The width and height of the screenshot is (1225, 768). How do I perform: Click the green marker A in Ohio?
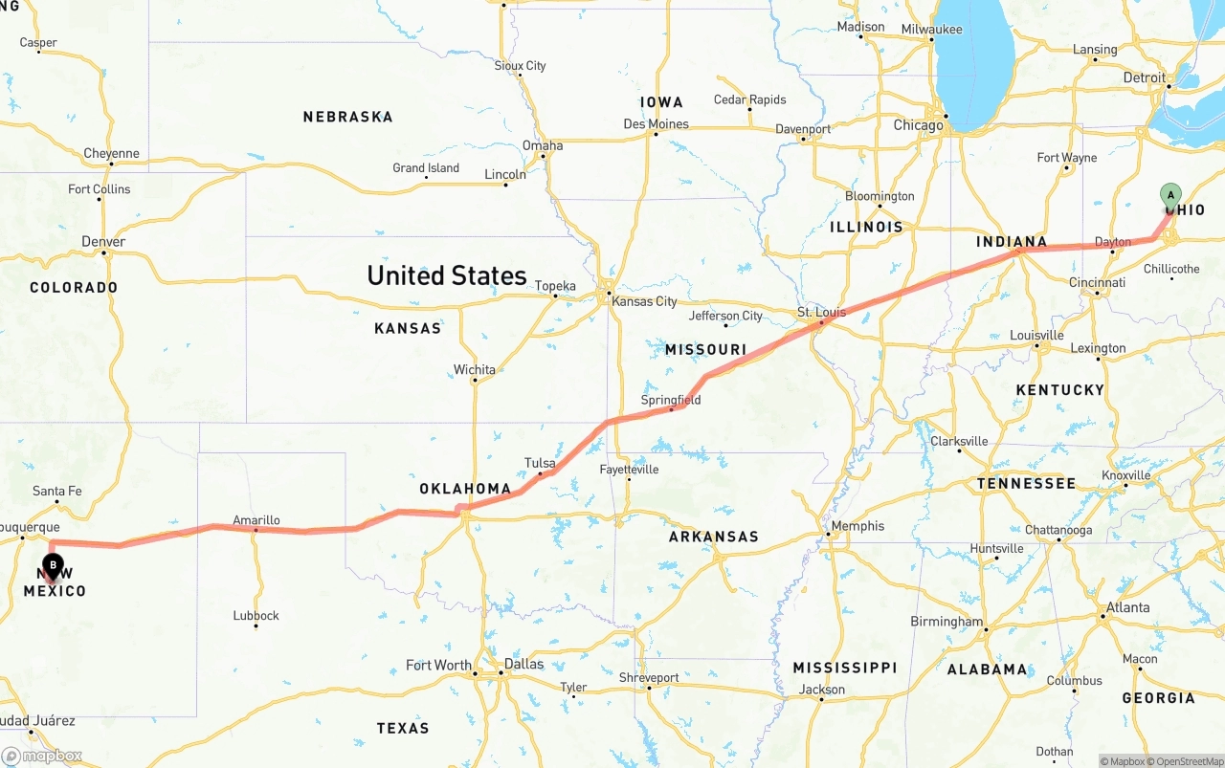click(x=1170, y=196)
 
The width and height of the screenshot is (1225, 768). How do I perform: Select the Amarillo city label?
click(x=256, y=520)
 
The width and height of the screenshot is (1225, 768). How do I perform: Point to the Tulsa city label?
click(x=540, y=463)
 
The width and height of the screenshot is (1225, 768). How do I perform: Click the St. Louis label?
click(x=821, y=313)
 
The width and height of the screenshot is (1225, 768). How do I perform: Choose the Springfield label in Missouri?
click(x=671, y=400)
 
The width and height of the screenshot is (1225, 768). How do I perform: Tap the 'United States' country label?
click(x=447, y=275)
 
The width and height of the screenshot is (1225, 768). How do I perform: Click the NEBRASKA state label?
click(x=347, y=117)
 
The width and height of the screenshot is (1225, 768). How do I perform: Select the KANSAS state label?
click(x=408, y=328)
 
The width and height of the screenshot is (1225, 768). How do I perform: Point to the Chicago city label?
click(x=918, y=125)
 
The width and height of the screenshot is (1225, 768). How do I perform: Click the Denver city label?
click(x=103, y=241)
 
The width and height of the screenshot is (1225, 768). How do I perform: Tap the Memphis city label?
click(x=857, y=525)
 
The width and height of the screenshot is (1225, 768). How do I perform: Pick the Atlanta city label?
click(x=1128, y=607)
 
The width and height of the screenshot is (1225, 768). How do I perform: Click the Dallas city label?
click(x=523, y=664)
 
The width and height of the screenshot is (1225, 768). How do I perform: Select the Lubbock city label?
click(x=256, y=615)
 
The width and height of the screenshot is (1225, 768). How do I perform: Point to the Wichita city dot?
click(x=475, y=381)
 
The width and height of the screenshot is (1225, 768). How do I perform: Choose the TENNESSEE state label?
click(x=1026, y=484)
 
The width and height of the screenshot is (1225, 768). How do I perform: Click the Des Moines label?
click(x=656, y=123)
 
